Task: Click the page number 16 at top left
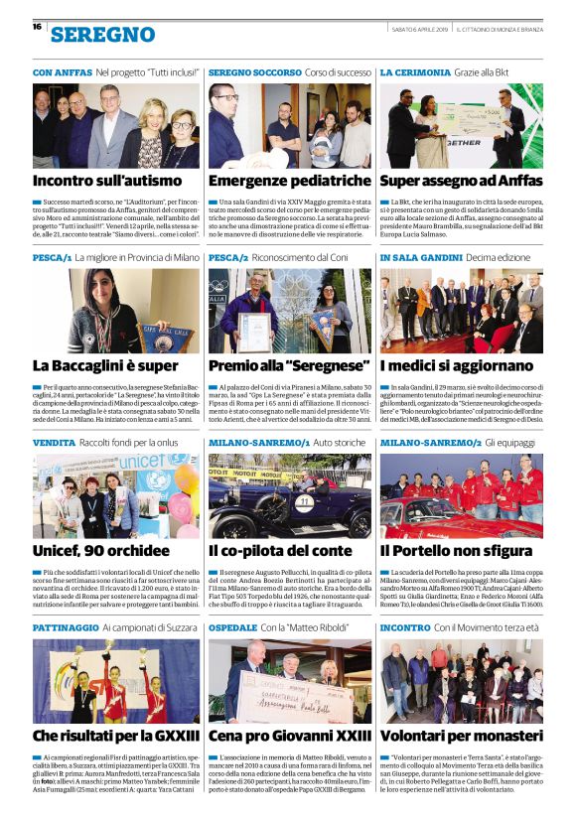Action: (37, 27)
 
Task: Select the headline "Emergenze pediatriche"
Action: (288, 181)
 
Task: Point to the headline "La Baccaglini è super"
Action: (105, 365)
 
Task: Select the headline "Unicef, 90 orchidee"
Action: (94, 549)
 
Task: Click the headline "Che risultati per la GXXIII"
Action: (114, 736)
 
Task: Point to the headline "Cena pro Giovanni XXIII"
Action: (287, 736)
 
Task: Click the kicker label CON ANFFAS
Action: (62, 73)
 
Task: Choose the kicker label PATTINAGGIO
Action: (66, 628)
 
